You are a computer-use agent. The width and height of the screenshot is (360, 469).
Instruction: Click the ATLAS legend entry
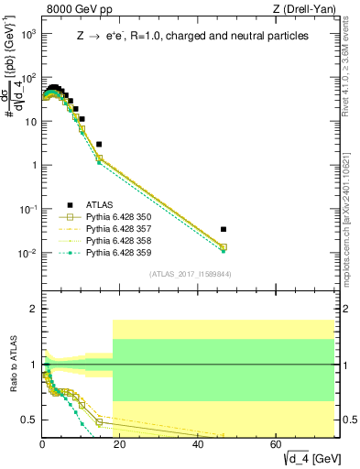pos(101,205)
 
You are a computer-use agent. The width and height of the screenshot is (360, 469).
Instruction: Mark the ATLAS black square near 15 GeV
pos(99,144)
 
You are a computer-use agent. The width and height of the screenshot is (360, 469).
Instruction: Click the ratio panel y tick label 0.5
pos(29,420)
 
